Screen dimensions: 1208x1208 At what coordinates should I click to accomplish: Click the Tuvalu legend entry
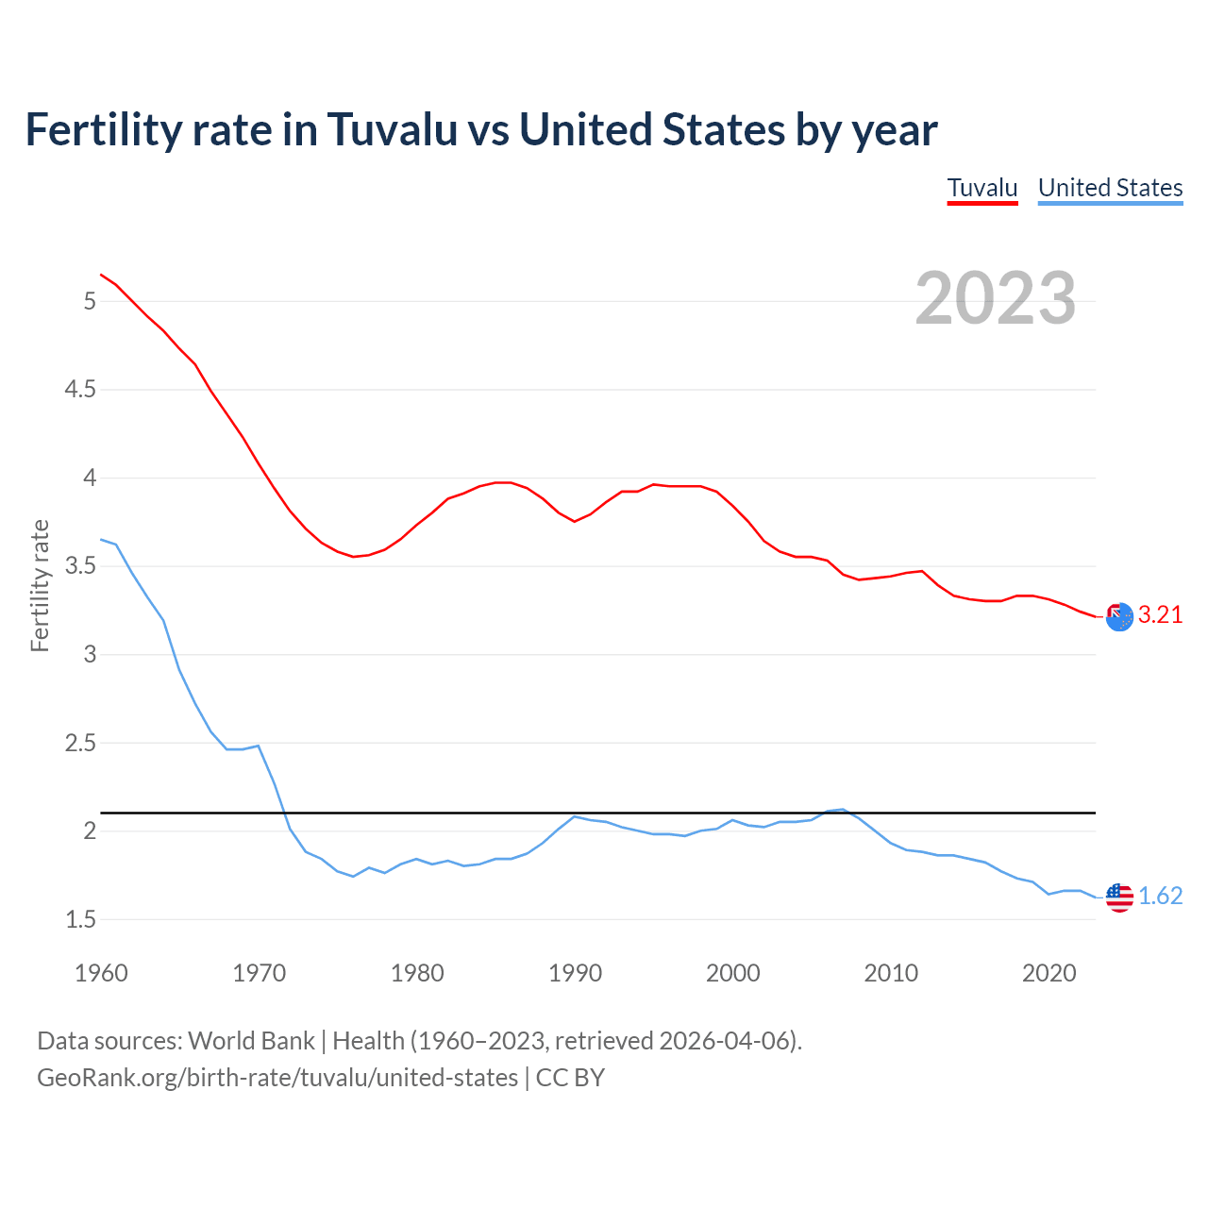tap(982, 188)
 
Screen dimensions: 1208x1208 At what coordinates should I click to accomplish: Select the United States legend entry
tap(1110, 188)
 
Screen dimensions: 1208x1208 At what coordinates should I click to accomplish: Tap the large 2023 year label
tap(995, 298)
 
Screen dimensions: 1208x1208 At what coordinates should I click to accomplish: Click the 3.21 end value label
tap(1160, 615)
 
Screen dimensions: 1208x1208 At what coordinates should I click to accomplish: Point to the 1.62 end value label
tap(1160, 896)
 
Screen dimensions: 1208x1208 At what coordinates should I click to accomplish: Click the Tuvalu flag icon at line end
tap(1119, 616)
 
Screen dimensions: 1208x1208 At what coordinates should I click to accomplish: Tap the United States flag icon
tap(1119, 897)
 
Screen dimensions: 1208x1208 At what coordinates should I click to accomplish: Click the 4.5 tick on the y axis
tap(80, 390)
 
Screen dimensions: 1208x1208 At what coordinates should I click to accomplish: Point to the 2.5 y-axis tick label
tap(80, 744)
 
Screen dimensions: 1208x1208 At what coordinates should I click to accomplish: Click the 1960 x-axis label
tap(101, 973)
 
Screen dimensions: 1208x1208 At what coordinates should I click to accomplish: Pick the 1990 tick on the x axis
tap(575, 973)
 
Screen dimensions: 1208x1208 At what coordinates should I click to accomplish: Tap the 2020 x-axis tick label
tap(1049, 973)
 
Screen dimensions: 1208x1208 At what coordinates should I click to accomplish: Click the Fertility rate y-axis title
tap(40, 585)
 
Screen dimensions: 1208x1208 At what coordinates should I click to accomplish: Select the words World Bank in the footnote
tap(251, 1041)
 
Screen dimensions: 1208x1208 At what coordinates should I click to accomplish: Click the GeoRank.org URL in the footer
tap(277, 1078)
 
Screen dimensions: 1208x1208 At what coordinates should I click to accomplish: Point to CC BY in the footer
tap(570, 1078)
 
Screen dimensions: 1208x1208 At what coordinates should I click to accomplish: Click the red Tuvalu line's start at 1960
tap(101, 275)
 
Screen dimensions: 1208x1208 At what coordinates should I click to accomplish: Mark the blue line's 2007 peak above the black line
tap(843, 809)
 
